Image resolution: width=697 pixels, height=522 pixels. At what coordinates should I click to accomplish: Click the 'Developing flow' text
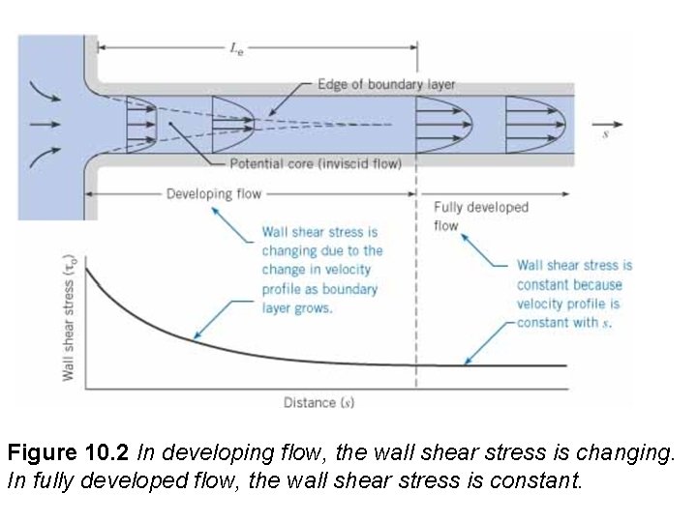[214, 194]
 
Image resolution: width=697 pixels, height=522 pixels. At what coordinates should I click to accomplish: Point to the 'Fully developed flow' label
[468, 216]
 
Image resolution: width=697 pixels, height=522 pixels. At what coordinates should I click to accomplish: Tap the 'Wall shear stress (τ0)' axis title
[69, 317]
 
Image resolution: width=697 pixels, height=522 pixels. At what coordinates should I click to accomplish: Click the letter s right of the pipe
[606, 134]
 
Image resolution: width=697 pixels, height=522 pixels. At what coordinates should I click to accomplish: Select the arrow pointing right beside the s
[617, 123]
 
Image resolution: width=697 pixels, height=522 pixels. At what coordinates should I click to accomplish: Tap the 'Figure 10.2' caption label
[70, 451]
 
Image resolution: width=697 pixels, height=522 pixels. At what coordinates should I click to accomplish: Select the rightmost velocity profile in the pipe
[538, 124]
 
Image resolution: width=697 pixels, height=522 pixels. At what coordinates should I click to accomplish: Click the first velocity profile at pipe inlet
[142, 124]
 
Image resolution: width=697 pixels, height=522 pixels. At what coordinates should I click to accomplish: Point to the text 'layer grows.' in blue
[297, 307]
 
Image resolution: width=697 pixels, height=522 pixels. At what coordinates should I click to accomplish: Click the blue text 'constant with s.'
[564, 322]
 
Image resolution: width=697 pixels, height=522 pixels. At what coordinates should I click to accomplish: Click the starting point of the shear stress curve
[87, 268]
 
